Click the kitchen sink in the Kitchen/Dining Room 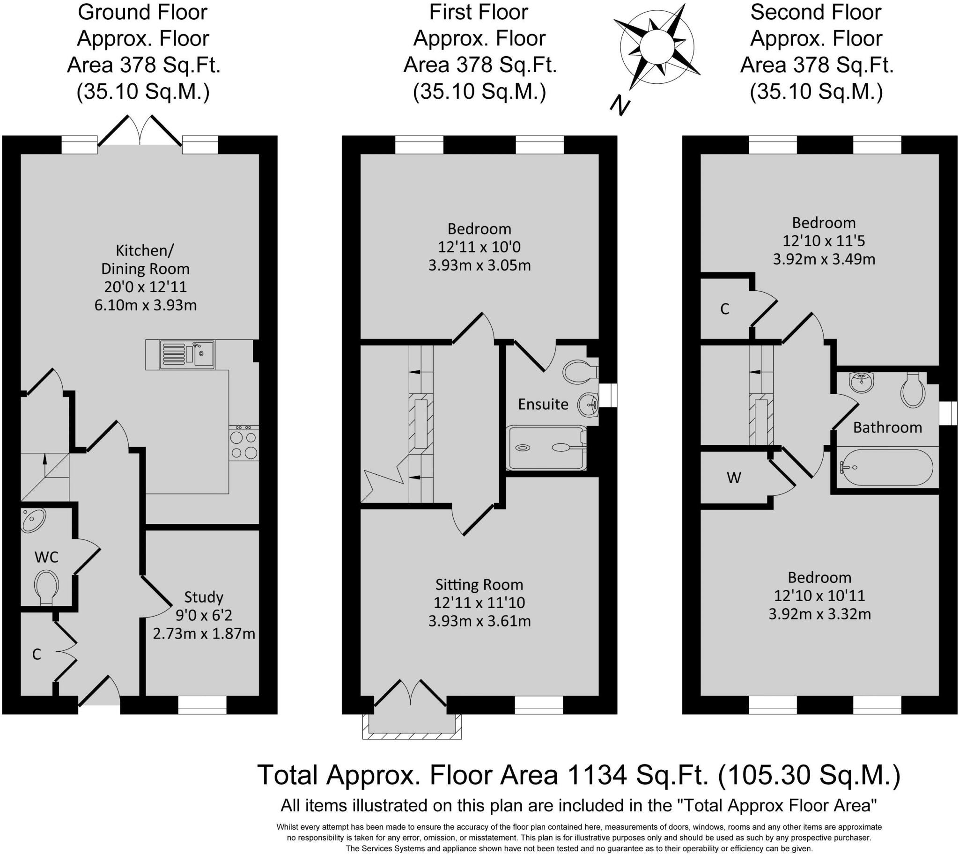[187, 355]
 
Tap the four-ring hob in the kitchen [244, 443]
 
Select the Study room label [204, 597]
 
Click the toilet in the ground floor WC [46, 587]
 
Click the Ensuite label [543, 404]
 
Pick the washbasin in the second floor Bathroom [861, 383]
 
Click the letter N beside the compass [620, 105]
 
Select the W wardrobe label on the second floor [734, 478]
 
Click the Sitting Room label [479, 584]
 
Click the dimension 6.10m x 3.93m [146, 305]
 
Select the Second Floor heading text [816, 12]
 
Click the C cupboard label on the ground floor [37, 654]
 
